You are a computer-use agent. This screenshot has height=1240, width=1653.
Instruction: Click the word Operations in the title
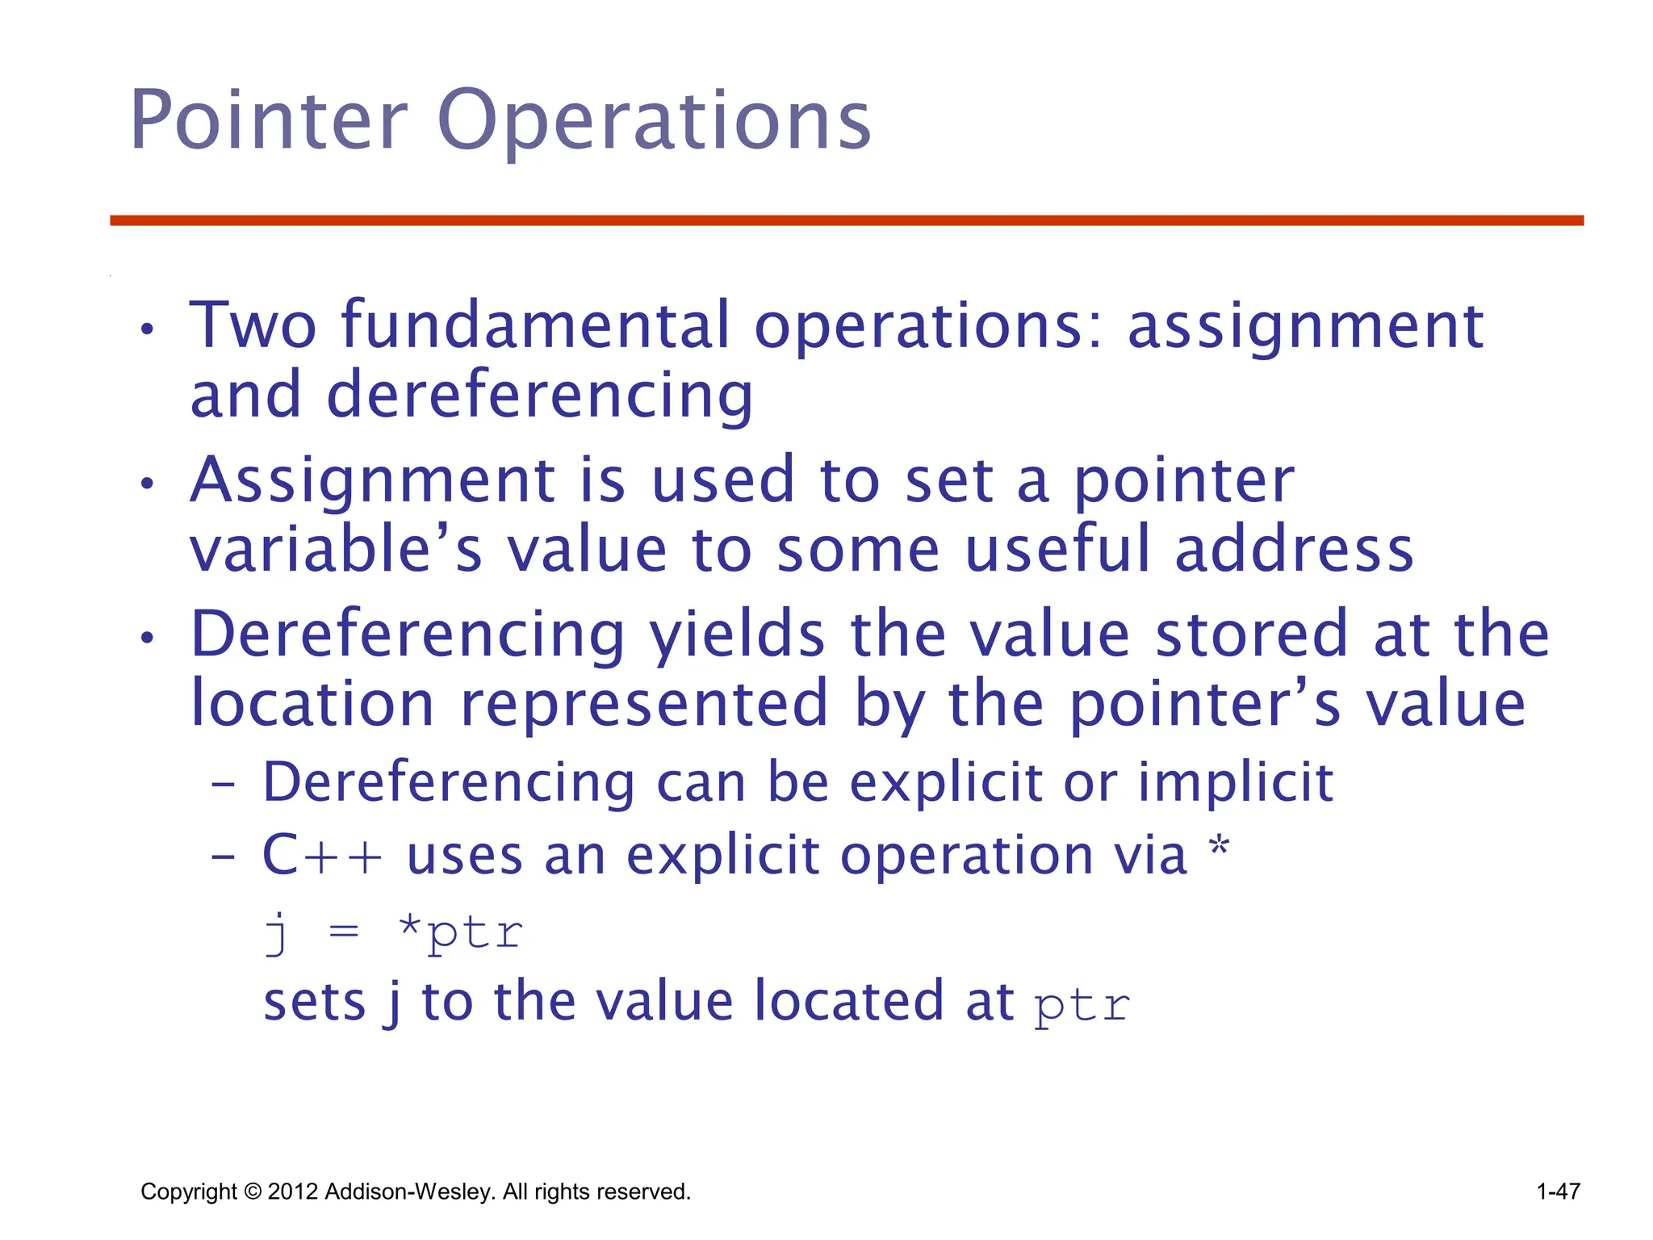click(654, 121)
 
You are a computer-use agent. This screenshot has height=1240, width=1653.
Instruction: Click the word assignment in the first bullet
click(1305, 326)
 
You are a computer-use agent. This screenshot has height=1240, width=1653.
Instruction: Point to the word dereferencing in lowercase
click(539, 395)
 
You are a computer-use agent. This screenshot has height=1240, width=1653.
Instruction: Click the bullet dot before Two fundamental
click(146, 329)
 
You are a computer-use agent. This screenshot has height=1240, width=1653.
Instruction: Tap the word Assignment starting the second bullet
click(372, 480)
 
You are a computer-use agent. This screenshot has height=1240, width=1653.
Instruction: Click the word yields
click(738, 635)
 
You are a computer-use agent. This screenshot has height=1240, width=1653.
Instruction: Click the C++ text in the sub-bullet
click(322, 855)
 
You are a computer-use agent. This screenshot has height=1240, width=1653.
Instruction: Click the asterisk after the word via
click(1219, 849)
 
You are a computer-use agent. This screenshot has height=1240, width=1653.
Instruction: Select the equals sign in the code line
click(344, 932)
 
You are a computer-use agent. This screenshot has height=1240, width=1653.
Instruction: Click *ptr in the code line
click(461, 932)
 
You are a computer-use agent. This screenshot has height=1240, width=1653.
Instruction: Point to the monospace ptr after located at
click(1082, 1006)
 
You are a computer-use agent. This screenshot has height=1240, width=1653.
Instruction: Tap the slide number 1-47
click(1558, 1192)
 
